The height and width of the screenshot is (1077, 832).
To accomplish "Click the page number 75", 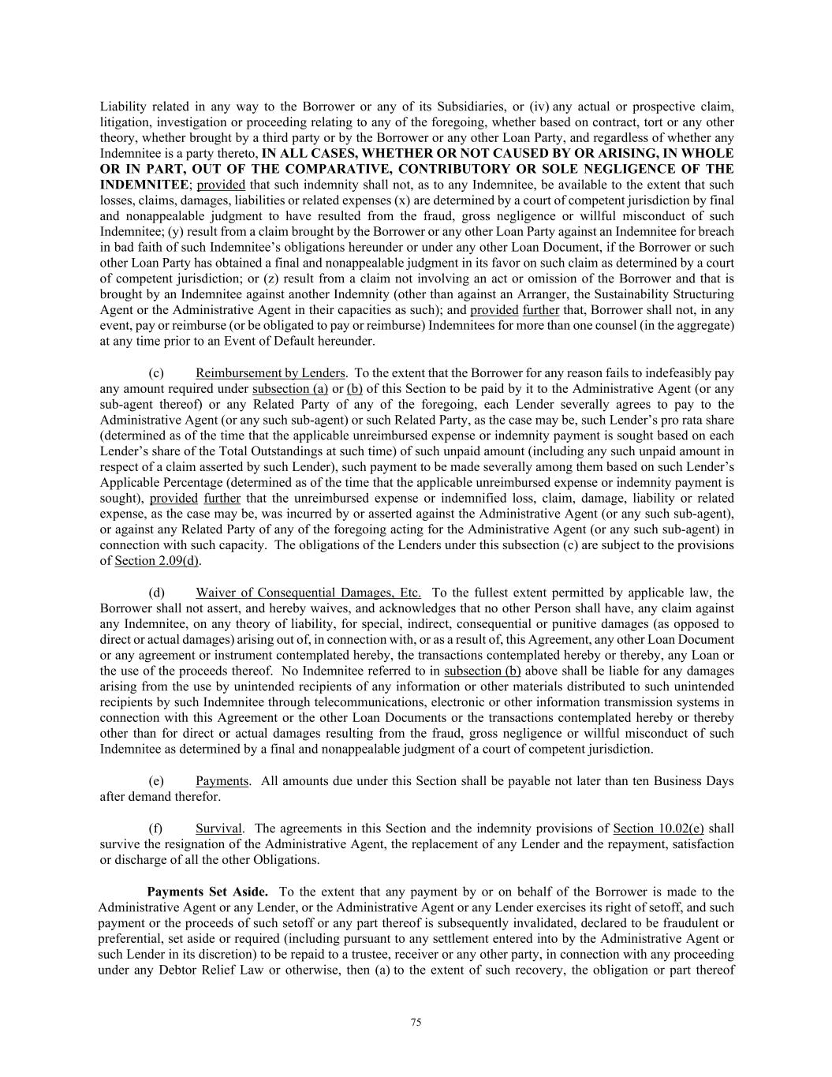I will (416, 1023).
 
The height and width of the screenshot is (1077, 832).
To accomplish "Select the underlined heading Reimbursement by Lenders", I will (270, 372).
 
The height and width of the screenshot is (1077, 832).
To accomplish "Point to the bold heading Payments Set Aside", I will (207, 892).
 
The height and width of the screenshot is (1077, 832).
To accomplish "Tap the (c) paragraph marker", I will (156, 372).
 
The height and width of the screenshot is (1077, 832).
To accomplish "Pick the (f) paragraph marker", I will (155, 828).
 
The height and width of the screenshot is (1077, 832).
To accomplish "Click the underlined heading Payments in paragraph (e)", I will (222, 781).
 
